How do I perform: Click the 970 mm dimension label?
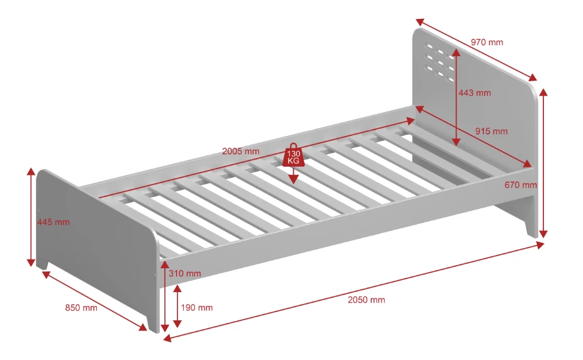coord(487,43)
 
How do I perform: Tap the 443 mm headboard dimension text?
coord(474,93)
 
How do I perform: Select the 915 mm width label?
coord(491,132)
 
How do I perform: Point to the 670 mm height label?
coord(521,185)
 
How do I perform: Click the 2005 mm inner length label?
coord(241,151)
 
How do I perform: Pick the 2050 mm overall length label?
coord(366,300)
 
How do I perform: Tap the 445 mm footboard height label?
coord(53,222)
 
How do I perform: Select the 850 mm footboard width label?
coord(81,308)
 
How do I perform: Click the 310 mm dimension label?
coord(185,273)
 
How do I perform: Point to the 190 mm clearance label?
coord(196,308)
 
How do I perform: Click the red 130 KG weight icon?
coord(293,155)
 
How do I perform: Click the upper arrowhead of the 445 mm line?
coord(30,171)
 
